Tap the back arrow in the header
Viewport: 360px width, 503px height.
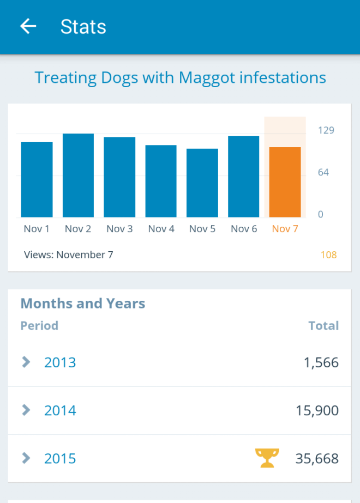(28, 26)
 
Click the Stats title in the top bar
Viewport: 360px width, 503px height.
(83, 27)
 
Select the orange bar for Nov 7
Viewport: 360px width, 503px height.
(285, 182)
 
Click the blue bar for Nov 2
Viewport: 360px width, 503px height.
(78, 175)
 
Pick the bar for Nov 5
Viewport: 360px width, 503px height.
(202, 183)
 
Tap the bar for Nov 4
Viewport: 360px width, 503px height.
(161, 181)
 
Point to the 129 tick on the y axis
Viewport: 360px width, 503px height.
(326, 130)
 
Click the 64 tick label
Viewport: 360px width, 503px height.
(323, 172)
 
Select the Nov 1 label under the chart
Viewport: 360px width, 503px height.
(37, 229)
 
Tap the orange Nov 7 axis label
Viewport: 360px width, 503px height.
(285, 229)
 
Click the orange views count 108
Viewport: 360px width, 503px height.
(328, 254)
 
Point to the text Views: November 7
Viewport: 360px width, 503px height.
(69, 254)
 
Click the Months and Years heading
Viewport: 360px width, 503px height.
(83, 304)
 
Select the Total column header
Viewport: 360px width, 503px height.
(323, 326)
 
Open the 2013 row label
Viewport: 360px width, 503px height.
(60, 362)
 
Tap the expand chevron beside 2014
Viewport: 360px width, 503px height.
(26, 410)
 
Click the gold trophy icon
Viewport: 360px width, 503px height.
(267, 458)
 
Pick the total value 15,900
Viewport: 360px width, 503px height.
(317, 410)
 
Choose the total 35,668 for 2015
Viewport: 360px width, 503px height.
(317, 458)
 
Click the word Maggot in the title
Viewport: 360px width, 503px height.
(208, 78)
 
